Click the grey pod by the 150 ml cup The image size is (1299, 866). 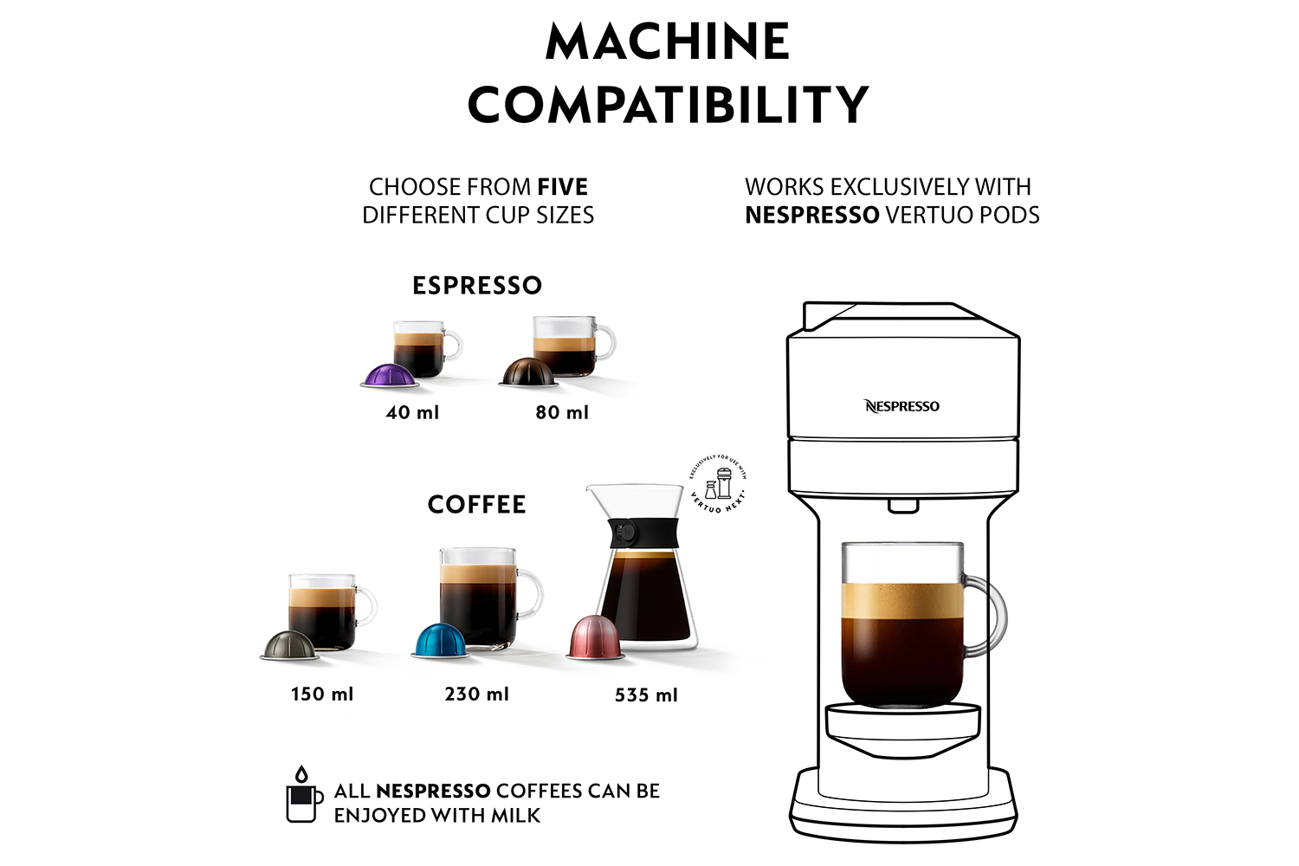pos(289,645)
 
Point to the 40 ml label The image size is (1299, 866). pos(412,412)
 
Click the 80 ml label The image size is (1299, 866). pos(562,412)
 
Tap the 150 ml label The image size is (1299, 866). pos(322,694)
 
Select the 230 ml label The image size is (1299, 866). pos(477,694)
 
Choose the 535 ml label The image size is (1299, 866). pos(646,695)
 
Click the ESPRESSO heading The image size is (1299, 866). pos(477,285)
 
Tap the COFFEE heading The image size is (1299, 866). pos(477,504)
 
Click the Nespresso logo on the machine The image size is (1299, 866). pos(902,406)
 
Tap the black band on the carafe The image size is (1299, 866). pos(642,533)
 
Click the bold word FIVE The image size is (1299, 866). pos(562,187)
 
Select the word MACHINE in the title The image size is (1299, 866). pos(668,41)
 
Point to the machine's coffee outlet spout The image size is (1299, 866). pos(903,506)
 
